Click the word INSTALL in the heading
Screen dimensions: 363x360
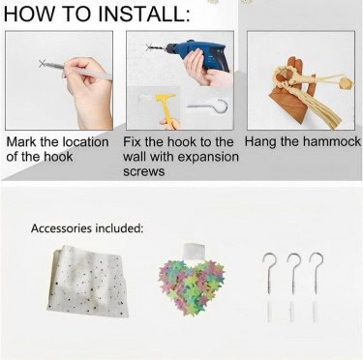144,14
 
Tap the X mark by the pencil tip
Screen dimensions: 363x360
42,64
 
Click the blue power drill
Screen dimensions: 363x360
197,55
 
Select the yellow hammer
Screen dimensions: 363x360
165,106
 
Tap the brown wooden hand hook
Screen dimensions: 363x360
289,94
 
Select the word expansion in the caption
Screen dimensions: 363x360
208,157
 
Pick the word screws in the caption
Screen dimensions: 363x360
144,171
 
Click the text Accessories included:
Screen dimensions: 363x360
87,228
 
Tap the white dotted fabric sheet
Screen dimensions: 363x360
87,282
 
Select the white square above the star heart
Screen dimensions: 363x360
195,251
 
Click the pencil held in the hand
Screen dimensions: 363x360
78,70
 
